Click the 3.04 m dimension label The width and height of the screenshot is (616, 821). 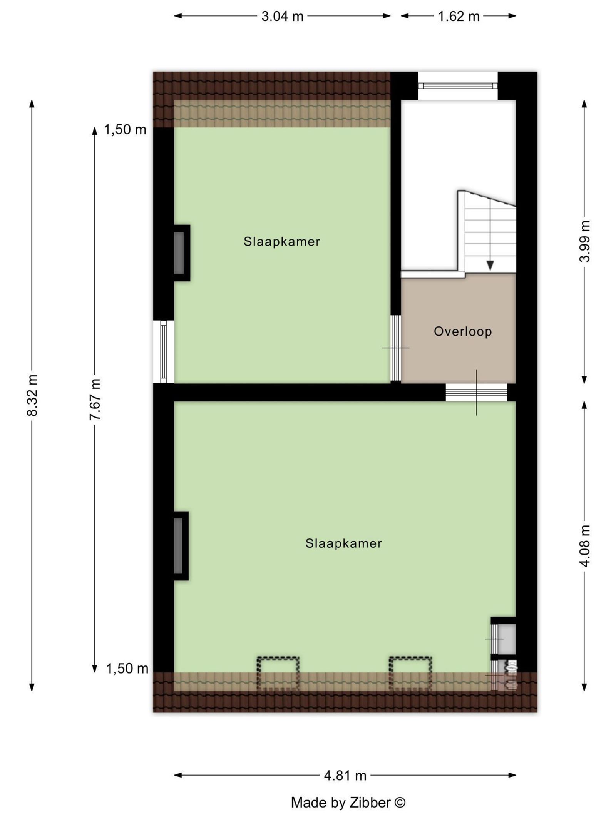[x=282, y=17]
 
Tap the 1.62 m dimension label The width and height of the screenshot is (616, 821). [x=459, y=17]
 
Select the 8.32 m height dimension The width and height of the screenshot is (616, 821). [x=32, y=395]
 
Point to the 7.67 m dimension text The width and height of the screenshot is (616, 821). [x=95, y=399]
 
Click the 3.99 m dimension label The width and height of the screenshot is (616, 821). [x=584, y=241]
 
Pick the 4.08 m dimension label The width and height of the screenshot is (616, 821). [x=584, y=545]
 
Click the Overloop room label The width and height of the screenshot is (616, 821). [x=462, y=331]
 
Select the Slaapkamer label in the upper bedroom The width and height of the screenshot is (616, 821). [x=282, y=241]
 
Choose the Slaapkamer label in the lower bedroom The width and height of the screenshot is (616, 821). [x=343, y=543]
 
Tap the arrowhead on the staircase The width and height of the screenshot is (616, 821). [x=490, y=265]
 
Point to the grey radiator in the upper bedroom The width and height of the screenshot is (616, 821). [x=179, y=253]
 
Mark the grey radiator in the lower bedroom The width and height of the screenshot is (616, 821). [x=178, y=545]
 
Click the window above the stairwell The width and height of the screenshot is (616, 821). [x=457, y=85]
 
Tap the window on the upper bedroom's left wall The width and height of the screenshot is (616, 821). [x=164, y=351]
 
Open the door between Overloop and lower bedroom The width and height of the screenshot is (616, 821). [x=476, y=393]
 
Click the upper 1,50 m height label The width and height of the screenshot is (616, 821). [x=125, y=130]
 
